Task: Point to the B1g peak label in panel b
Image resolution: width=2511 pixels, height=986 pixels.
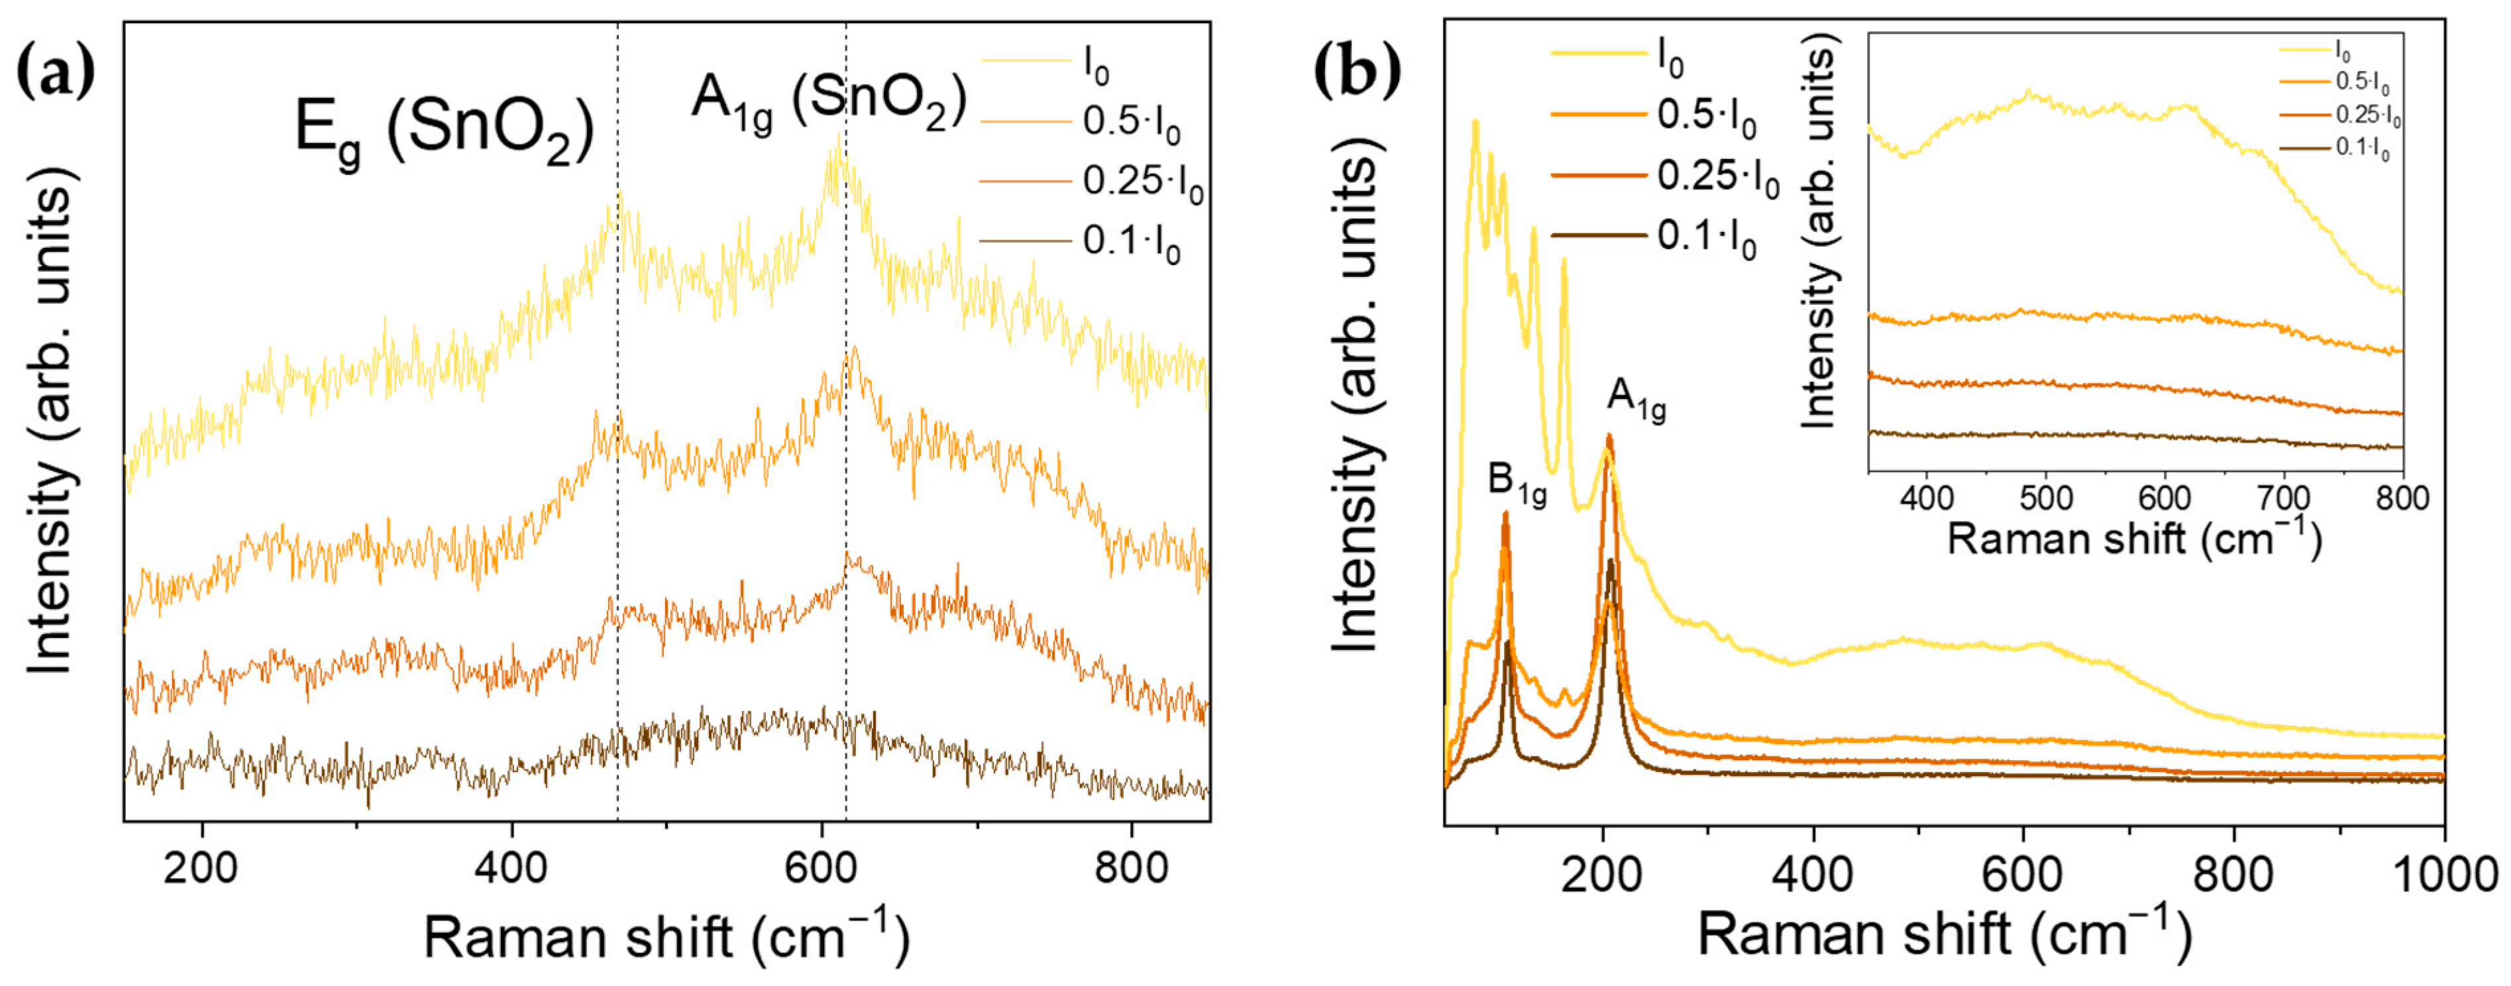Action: (1517, 484)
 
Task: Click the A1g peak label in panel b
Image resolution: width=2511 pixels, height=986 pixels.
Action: (1636, 399)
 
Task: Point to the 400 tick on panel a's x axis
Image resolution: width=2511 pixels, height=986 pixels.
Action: (511, 867)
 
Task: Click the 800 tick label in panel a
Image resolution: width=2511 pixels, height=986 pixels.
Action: (1131, 867)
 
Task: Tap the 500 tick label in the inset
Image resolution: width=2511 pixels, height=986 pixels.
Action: (2045, 498)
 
